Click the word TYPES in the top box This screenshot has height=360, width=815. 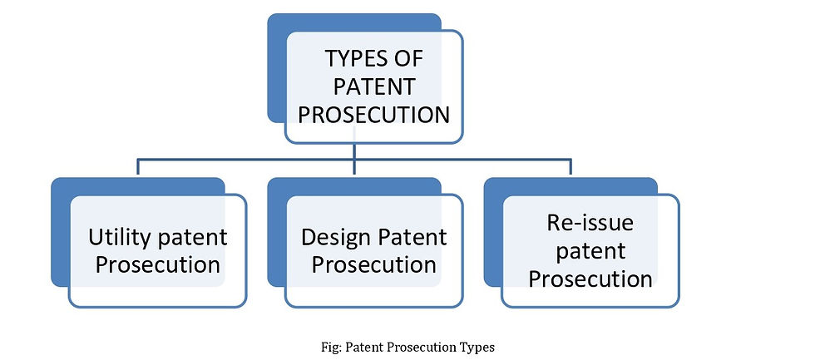pyautogui.click(x=351, y=58)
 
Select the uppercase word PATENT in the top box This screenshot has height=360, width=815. pyautogui.click(x=373, y=86)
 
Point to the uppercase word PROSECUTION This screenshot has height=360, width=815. pyautogui.click(x=373, y=115)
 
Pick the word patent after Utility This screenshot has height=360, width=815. pyautogui.click(x=192, y=239)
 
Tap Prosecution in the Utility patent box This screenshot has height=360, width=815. pyautogui.click(x=157, y=265)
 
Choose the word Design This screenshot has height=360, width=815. pyautogui.click(x=334, y=239)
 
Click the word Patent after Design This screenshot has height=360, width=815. pyautogui.click(x=411, y=238)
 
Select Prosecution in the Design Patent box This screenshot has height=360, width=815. pyautogui.click(x=373, y=265)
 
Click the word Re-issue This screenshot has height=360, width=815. pyautogui.click(x=590, y=223)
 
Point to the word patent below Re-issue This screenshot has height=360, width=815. pyautogui.click(x=590, y=252)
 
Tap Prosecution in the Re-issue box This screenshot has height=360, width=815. pyautogui.click(x=590, y=279)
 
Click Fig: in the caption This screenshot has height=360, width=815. pyautogui.click(x=331, y=348)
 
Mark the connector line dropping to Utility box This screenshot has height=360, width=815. pyautogui.click(x=138, y=167)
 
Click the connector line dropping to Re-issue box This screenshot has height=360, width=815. pyautogui.click(x=570, y=167)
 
